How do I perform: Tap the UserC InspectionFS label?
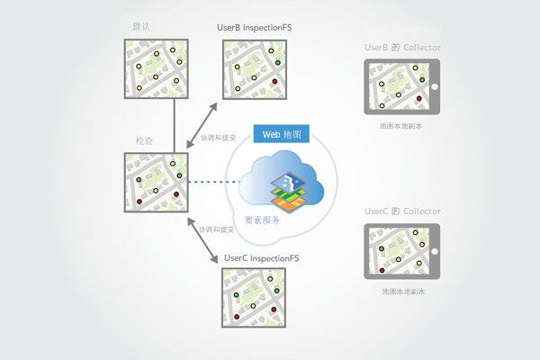[x=261, y=258]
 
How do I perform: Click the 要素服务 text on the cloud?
[x=262, y=220]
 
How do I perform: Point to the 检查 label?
[x=144, y=141]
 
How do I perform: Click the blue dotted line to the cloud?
[x=211, y=184]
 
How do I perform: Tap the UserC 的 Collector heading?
[x=401, y=211]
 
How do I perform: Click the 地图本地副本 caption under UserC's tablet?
[x=401, y=292]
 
